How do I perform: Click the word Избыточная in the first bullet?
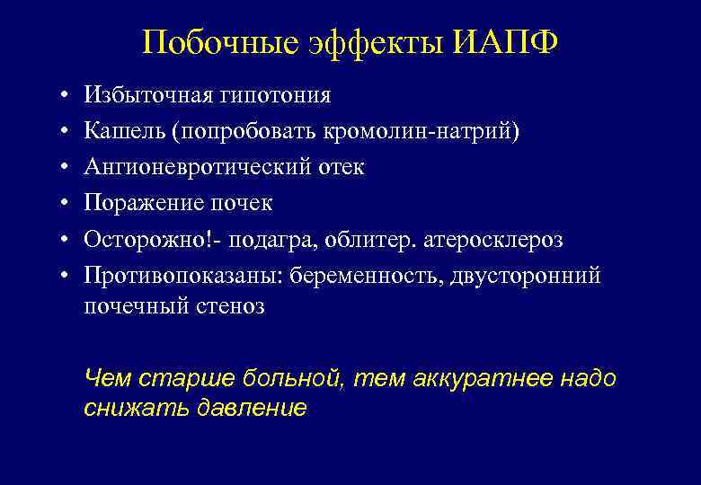[x=144, y=95]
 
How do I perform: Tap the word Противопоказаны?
[x=182, y=276]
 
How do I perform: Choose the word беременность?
[x=374, y=276]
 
